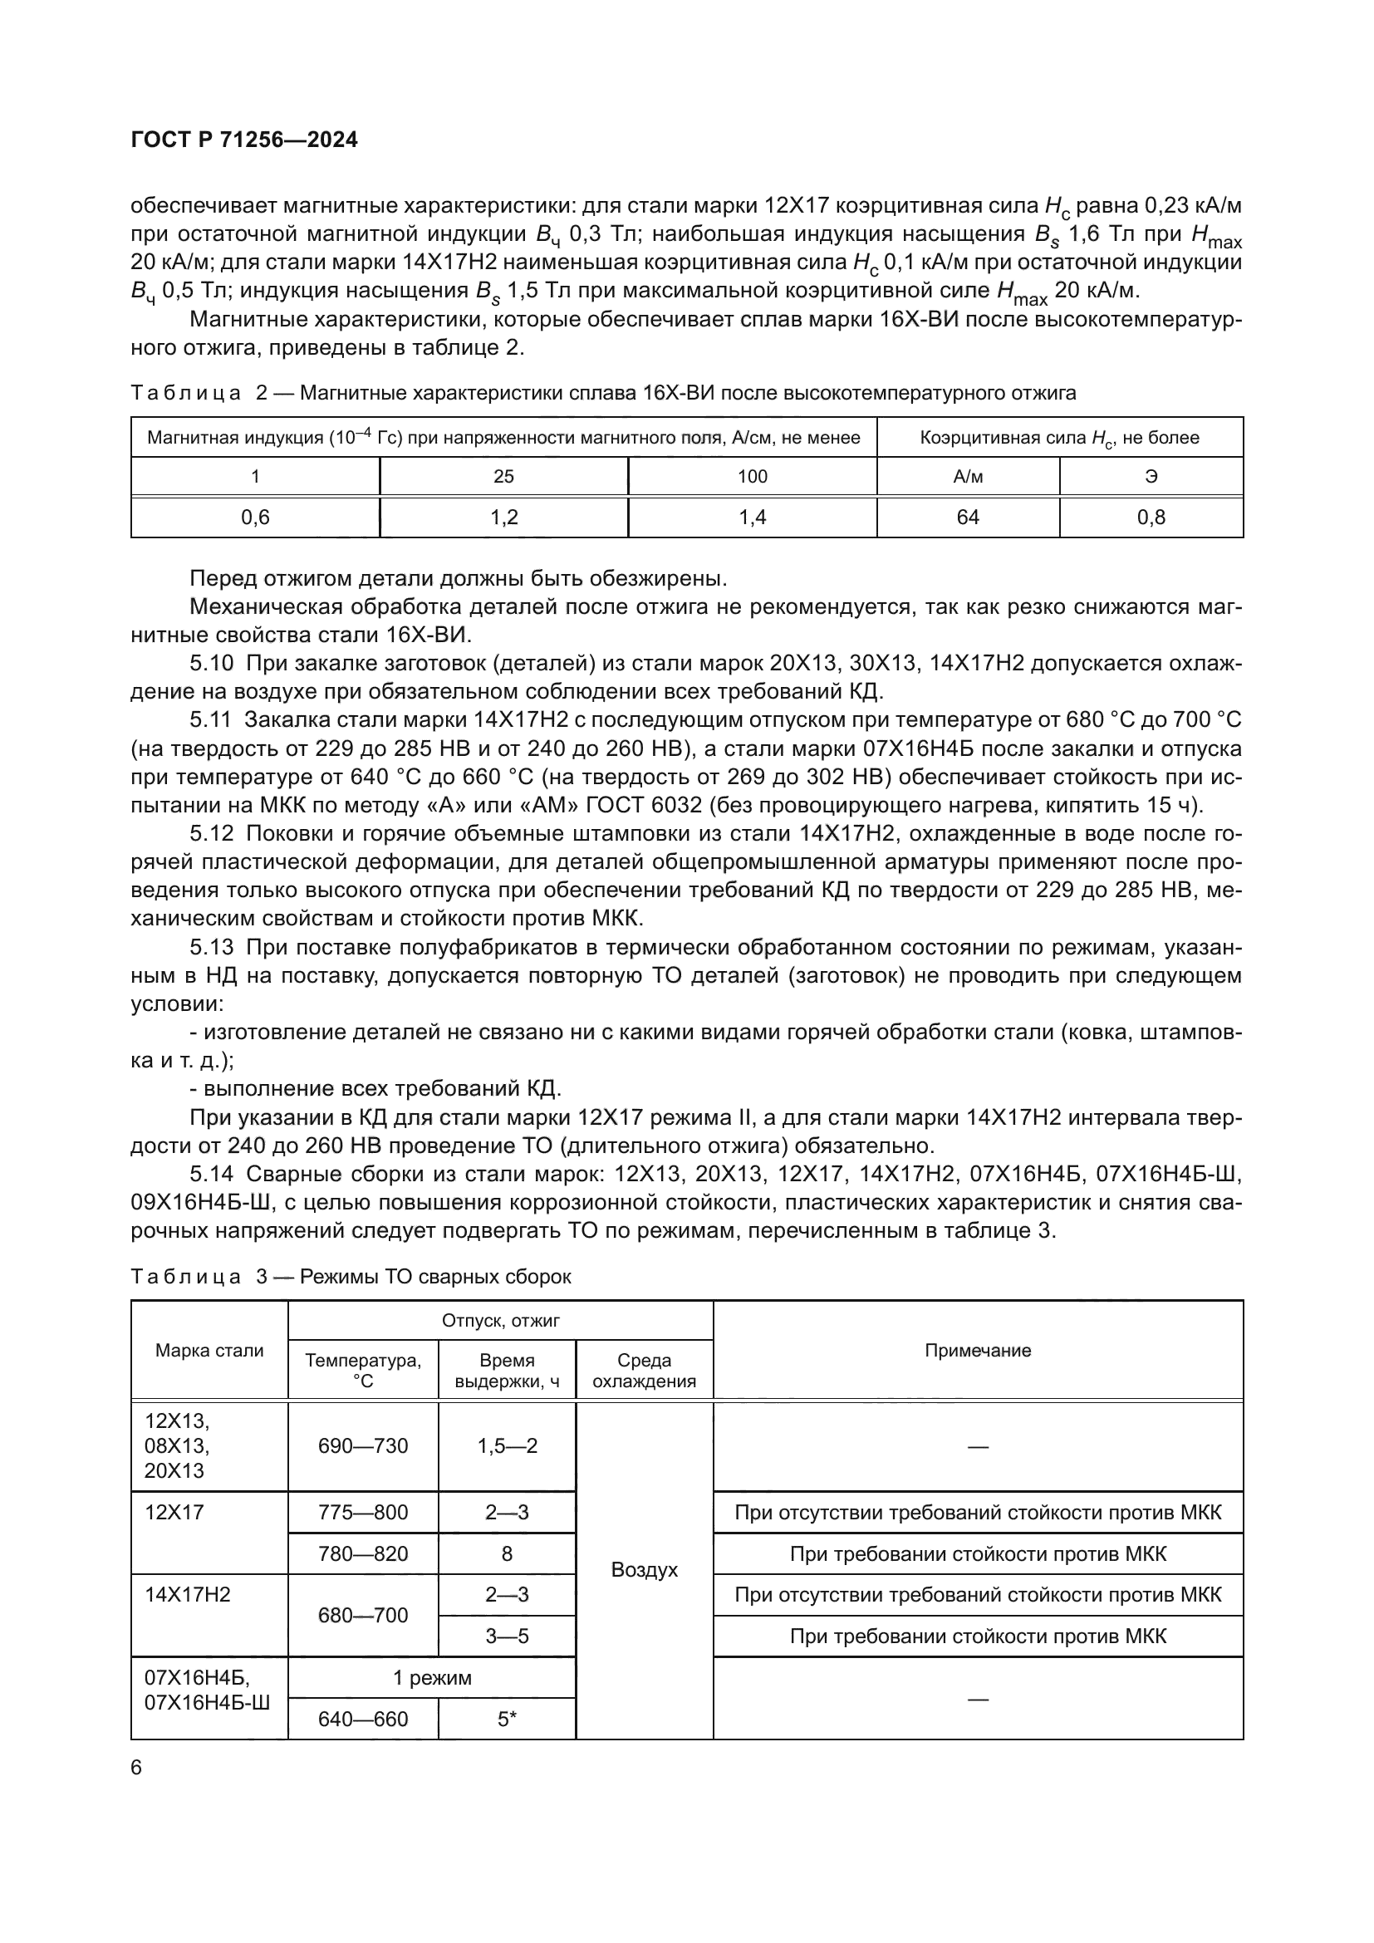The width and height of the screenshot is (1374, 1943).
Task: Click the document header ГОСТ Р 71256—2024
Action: [244, 140]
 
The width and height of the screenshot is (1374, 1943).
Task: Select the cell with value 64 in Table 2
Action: [967, 517]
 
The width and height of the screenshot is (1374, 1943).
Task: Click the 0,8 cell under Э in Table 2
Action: [1151, 517]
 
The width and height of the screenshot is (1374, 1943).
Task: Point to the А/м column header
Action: [967, 477]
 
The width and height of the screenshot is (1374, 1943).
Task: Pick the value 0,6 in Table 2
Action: [255, 517]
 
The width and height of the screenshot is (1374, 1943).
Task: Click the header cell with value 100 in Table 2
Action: [752, 477]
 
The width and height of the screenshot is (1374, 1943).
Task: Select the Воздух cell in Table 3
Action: [644, 1570]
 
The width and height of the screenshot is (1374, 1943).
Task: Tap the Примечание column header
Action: [977, 1350]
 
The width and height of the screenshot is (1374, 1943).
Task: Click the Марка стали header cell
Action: [209, 1350]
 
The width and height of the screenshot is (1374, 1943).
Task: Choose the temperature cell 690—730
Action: [363, 1445]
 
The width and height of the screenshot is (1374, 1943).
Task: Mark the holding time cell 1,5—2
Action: [507, 1445]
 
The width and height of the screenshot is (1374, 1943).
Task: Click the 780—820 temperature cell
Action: [363, 1553]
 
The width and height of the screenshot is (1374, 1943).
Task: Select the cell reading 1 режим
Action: [431, 1677]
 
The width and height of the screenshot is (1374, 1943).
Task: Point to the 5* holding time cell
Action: [507, 1719]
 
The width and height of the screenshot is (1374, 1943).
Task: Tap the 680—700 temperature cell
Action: [363, 1616]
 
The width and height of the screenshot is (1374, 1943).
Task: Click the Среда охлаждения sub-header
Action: [644, 1370]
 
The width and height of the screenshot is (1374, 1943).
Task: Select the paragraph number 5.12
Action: [211, 833]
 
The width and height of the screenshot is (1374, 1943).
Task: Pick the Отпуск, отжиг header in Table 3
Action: [500, 1320]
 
